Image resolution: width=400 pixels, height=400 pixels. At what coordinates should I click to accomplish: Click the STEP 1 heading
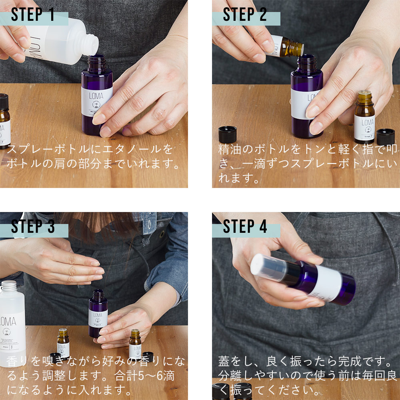(33, 14)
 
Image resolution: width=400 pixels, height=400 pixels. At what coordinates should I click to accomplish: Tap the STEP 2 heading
(245, 14)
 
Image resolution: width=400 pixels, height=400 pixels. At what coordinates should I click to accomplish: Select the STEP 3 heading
(33, 226)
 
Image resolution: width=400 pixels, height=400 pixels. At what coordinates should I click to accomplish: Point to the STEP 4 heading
(245, 226)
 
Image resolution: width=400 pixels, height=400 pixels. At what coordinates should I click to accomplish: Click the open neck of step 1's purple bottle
(97, 63)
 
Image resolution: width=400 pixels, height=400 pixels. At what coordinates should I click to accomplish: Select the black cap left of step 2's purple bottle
(228, 134)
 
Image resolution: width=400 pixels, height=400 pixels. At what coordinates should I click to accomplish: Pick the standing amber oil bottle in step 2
(365, 117)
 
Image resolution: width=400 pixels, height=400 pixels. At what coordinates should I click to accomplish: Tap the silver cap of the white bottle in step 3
(9, 286)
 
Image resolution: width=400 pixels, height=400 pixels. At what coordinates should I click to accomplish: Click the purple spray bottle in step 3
(98, 314)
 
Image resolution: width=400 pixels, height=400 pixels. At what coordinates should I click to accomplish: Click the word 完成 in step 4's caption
(350, 362)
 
